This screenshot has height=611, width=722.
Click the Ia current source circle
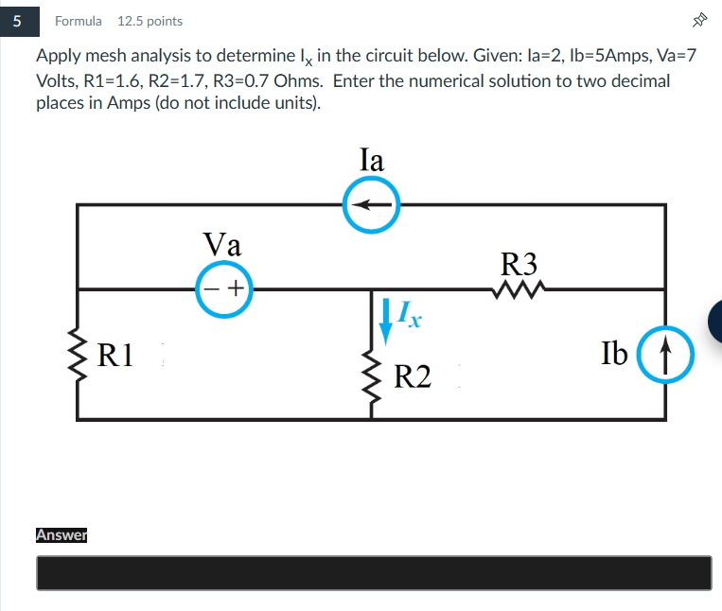pos(371,180)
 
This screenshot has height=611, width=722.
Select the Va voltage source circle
pos(224,263)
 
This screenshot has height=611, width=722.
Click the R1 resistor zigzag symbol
pos(78,355)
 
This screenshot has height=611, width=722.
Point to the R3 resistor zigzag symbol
pos(519,289)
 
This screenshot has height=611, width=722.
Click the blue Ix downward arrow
pos(385,322)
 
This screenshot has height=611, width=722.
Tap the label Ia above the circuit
pos(371,160)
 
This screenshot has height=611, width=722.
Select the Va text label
pos(222,244)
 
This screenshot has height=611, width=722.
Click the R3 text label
pos(519,264)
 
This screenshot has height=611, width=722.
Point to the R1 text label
pos(115,355)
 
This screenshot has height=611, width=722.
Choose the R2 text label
pos(413,376)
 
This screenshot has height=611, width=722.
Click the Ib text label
pos(614,353)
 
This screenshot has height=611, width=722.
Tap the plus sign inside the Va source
pos(236,288)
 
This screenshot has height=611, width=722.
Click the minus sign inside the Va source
pos(211,288)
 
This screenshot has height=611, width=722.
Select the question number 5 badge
pos(19,21)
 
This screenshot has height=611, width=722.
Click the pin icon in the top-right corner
pos(699,20)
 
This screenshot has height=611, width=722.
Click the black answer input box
pos(374,573)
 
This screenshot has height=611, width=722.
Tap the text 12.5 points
pos(150,21)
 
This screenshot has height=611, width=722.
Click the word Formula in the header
pos(79,21)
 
